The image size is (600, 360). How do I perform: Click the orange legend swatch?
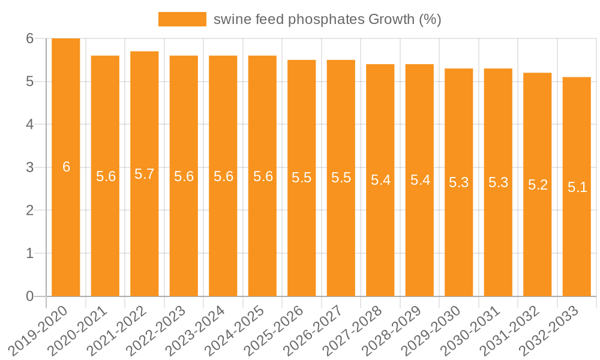click(182, 19)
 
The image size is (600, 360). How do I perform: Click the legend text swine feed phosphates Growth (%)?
click(327, 19)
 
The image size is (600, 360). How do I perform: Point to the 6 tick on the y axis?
click(29, 38)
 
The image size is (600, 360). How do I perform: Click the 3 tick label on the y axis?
click(29, 167)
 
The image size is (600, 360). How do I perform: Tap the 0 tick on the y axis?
click(29, 296)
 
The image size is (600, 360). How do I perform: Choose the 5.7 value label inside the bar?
click(145, 174)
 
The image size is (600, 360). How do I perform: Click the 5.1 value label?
click(577, 187)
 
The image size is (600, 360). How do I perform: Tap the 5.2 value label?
click(538, 185)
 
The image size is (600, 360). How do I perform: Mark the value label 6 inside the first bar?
click(66, 167)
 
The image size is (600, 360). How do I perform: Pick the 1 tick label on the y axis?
click(29, 253)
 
